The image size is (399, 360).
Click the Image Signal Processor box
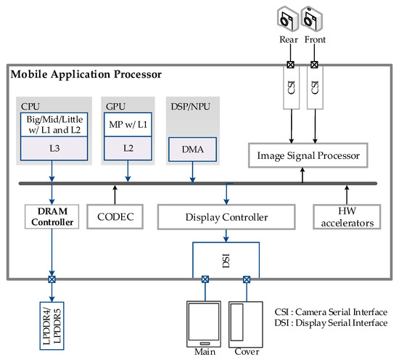[308, 155]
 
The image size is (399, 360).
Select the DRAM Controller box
[52, 217]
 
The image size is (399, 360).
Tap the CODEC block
[115, 217]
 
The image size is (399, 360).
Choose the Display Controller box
[226, 217]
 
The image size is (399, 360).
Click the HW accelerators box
[347, 217]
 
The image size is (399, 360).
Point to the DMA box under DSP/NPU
[193, 150]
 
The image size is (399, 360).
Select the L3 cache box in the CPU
[54, 149]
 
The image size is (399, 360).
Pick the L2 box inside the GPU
[128, 148]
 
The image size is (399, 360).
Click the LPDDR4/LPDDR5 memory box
[52, 326]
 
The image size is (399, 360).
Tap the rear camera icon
[288, 19]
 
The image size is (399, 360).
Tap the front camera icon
[312, 19]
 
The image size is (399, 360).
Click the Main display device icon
[204, 324]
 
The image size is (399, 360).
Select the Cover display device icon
[246, 324]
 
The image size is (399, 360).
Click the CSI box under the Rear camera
[292, 88]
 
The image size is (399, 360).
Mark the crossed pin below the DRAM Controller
[52, 279]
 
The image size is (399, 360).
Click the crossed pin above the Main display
[205, 279]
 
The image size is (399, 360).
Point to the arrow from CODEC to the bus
[115, 195]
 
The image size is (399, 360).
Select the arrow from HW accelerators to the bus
[347, 195]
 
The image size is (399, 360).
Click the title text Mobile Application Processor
[86, 74]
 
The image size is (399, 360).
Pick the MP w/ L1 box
[128, 125]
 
